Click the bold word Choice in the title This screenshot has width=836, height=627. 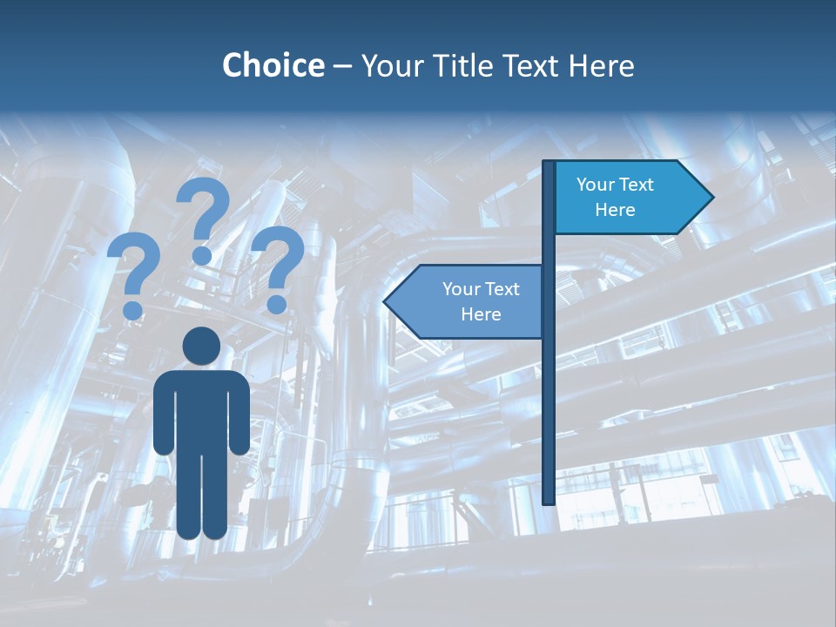[273, 65]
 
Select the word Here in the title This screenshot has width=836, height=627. [601, 65]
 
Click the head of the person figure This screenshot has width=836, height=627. [202, 347]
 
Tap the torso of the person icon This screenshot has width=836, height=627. [202, 409]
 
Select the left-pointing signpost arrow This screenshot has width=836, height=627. [466, 301]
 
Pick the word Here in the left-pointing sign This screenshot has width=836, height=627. [481, 314]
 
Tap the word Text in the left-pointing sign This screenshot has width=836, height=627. [502, 289]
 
